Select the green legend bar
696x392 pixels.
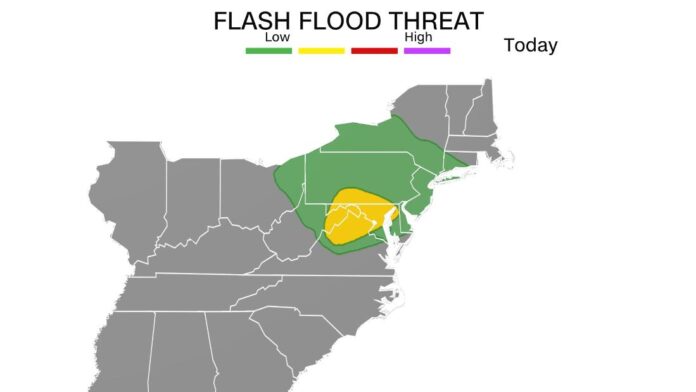pyautogui.click(x=268, y=50)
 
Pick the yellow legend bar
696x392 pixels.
pyautogui.click(x=321, y=50)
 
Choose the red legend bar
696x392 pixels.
pyautogui.click(x=374, y=50)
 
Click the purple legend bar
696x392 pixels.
pyautogui.click(x=427, y=50)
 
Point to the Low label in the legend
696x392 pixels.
pyautogui.click(x=276, y=38)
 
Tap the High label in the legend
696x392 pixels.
pyautogui.click(x=417, y=38)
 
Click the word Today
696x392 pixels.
pyautogui.click(x=530, y=46)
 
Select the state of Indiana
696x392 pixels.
pyautogui.click(x=189, y=205)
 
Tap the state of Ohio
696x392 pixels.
pyautogui.click(x=246, y=195)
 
